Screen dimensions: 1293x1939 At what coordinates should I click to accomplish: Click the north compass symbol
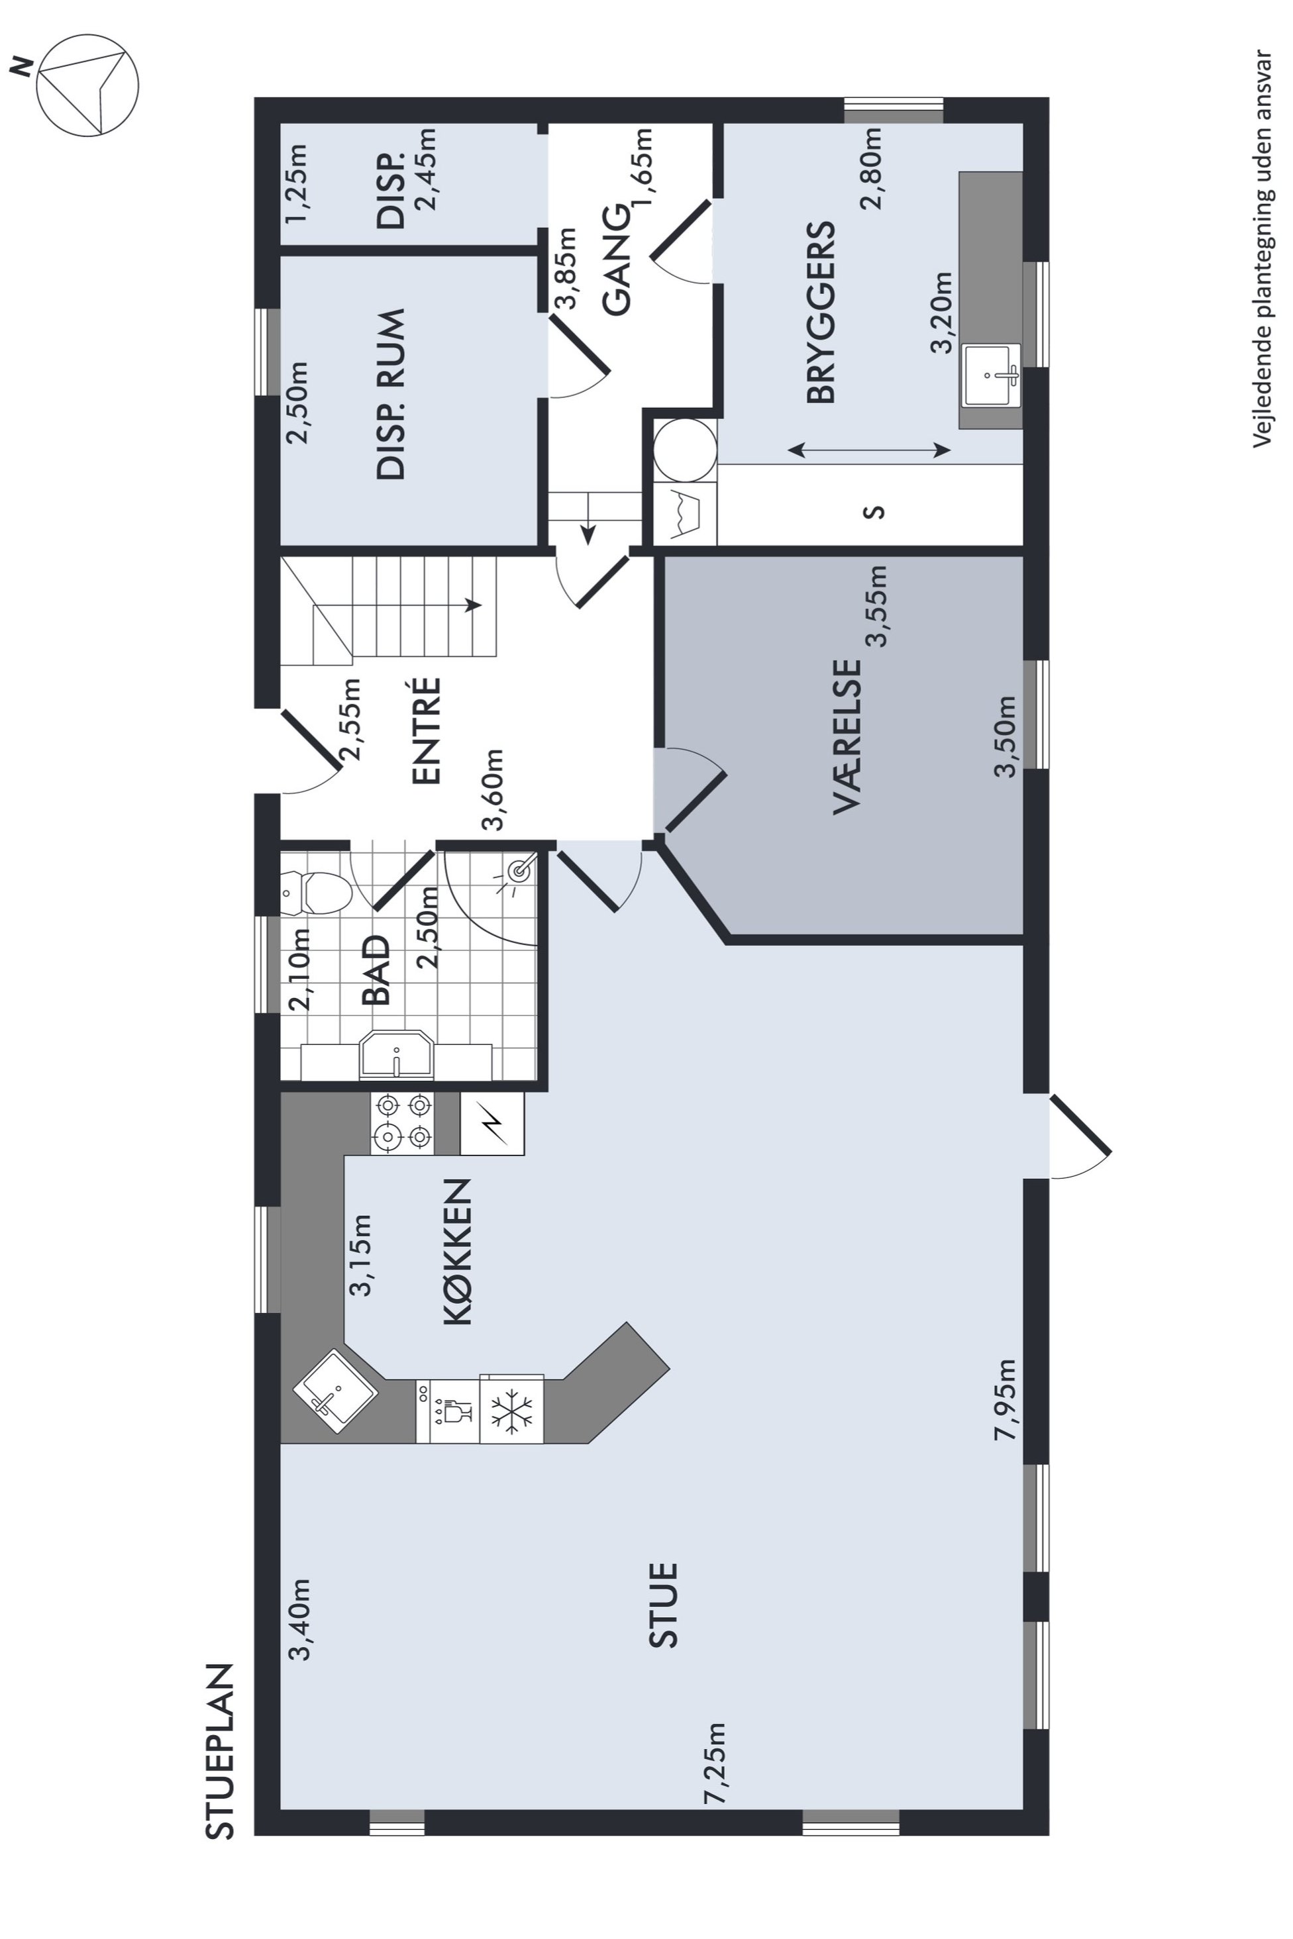click(x=87, y=85)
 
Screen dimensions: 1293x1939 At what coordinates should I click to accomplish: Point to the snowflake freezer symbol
click(x=511, y=1411)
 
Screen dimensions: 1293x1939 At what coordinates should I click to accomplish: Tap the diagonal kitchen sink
click(x=335, y=1391)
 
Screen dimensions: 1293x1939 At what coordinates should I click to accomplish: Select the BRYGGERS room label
click(x=821, y=313)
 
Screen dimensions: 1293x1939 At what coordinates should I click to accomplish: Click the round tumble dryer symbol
click(x=684, y=449)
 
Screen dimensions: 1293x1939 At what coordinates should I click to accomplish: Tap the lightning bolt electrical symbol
click(x=492, y=1124)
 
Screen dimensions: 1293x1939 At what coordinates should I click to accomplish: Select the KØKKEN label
click(x=458, y=1252)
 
